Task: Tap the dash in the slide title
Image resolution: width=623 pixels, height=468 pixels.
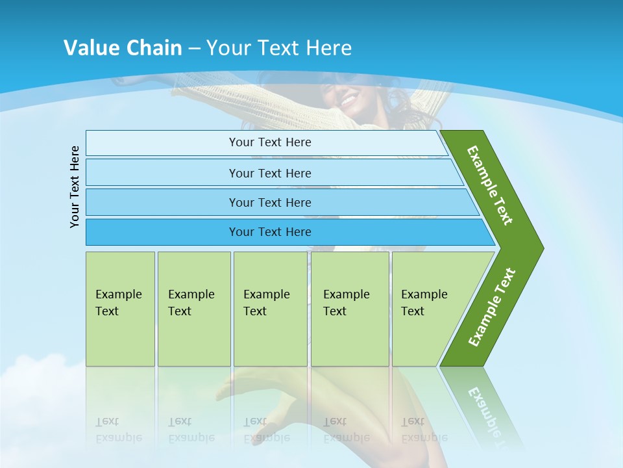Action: (x=194, y=48)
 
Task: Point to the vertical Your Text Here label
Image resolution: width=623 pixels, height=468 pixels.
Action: (x=75, y=187)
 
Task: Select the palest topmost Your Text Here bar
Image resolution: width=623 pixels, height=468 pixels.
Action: (x=269, y=142)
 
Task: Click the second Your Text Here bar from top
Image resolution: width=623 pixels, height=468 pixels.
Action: (x=269, y=173)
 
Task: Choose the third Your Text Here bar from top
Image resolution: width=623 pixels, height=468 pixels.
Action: (x=269, y=202)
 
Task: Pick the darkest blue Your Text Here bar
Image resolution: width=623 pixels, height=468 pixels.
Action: (x=269, y=232)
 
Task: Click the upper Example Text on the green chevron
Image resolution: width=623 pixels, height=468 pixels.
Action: (x=490, y=185)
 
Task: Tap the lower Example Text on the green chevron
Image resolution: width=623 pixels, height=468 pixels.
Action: (x=491, y=307)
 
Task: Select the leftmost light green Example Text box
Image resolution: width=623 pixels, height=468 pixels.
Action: (x=120, y=309)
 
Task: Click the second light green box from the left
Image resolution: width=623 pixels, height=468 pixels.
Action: (x=193, y=309)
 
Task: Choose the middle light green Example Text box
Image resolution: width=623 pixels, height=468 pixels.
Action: (x=270, y=309)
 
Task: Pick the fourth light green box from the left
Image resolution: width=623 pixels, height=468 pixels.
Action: (x=350, y=309)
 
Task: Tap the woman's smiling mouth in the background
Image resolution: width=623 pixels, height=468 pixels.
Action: (x=348, y=101)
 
